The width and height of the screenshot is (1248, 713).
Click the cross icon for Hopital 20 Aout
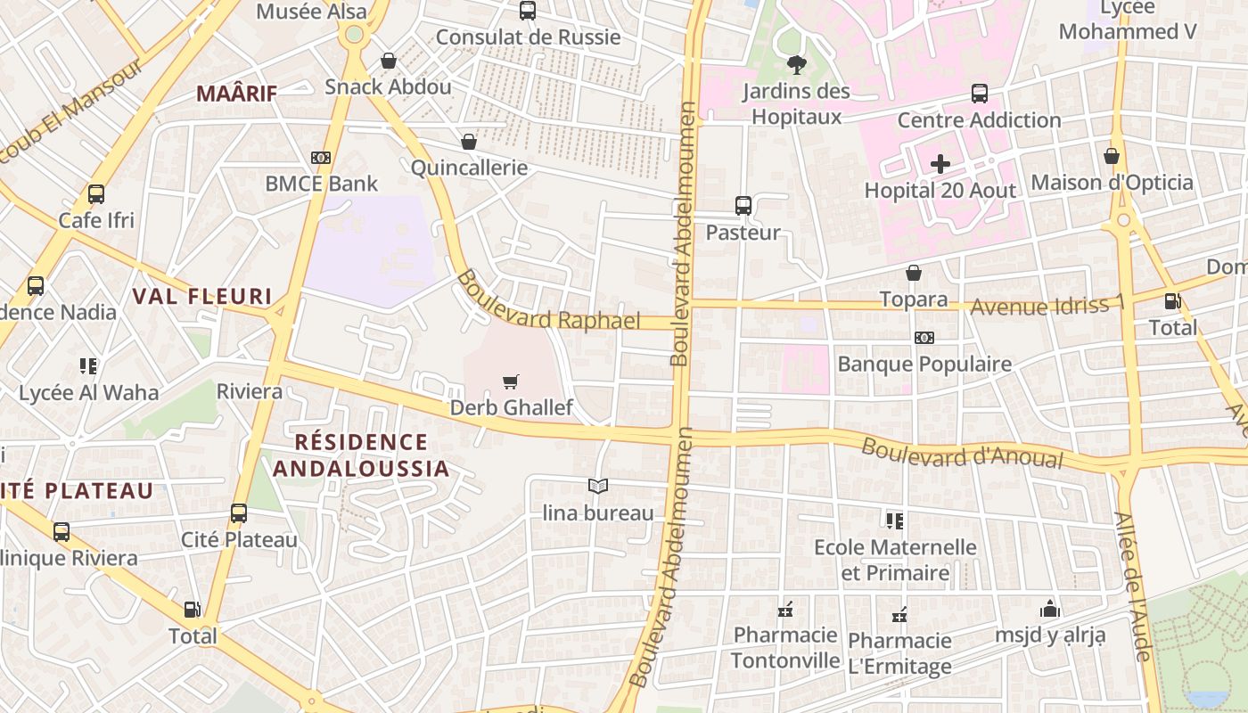[x=940, y=164]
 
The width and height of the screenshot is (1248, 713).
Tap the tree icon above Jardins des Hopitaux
[x=797, y=64]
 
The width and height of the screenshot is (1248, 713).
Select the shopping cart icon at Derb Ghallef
[x=511, y=382]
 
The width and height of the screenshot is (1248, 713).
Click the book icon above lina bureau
[x=598, y=486]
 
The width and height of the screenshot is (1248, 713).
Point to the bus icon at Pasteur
[x=743, y=206]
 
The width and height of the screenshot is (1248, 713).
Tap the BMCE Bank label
[x=322, y=184]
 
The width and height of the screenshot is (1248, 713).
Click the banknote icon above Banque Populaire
[x=924, y=338]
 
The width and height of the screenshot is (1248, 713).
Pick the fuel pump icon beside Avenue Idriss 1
[x=1173, y=302]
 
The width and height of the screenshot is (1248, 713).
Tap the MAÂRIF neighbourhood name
[x=237, y=93]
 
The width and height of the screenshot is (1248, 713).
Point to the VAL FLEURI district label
[x=202, y=296]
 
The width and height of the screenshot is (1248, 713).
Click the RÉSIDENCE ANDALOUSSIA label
[x=361, y=455]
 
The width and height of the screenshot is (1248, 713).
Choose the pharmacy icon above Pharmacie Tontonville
[x=785, y=611]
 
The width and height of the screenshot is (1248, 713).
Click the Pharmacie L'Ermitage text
[x=899, y=653]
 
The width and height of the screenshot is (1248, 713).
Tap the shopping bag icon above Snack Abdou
[x=389, y=61]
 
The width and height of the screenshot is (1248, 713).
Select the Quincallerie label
[x=469, y=168]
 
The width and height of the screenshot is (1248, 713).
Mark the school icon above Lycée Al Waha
[x=88, y=365]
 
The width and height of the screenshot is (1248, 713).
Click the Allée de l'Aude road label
[x=1133, y=586]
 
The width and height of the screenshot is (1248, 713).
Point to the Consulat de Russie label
[x=528, y=37]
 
